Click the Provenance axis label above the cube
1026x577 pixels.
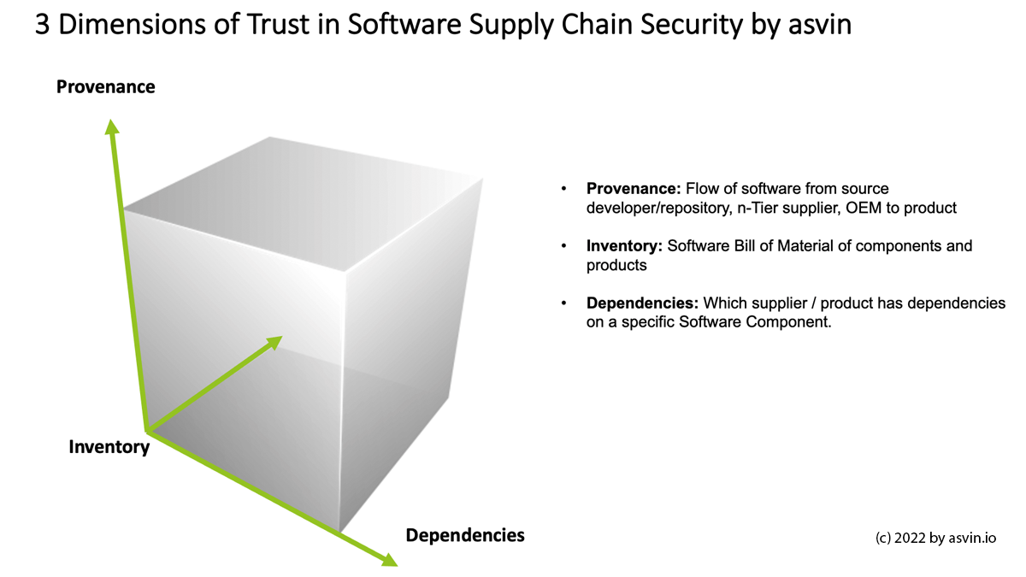[105, 86]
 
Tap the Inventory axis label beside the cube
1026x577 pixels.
[109, 446]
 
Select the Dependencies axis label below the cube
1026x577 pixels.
[464, 535]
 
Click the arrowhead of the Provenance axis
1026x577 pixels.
[111, 127]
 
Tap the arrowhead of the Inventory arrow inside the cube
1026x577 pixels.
[274, 342]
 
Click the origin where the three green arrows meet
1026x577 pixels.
[148, 430]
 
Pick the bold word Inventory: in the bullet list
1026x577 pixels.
[624, 246]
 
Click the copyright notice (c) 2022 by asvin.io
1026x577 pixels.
[936, 539]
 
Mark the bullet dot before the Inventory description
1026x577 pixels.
[563, 246]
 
